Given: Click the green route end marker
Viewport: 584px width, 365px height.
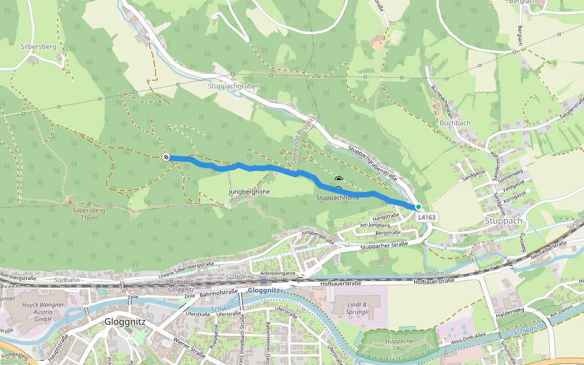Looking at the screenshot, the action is coord(419,207).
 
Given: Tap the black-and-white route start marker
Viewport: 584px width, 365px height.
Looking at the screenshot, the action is coord(166,158).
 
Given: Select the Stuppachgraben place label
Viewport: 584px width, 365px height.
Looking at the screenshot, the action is coord(234,86).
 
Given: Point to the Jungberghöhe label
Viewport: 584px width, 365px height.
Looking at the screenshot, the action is coord(249,192).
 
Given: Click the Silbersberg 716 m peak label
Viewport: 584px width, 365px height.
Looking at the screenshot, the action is coord(89,214).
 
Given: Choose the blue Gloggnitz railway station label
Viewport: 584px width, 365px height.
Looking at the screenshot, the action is coord(263,291).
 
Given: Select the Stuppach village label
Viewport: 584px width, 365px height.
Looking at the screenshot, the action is coord(504,220).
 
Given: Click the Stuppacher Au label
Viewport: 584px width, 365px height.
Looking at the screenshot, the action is coord(400,345).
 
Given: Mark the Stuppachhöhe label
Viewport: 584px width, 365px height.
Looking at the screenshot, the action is coord(338,198).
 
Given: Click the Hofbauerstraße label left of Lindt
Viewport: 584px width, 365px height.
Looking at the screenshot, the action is coord(341,283).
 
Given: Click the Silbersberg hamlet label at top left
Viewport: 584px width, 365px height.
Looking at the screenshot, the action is coord(38,46).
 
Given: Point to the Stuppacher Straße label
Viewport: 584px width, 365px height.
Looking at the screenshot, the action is coord(383,245).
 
